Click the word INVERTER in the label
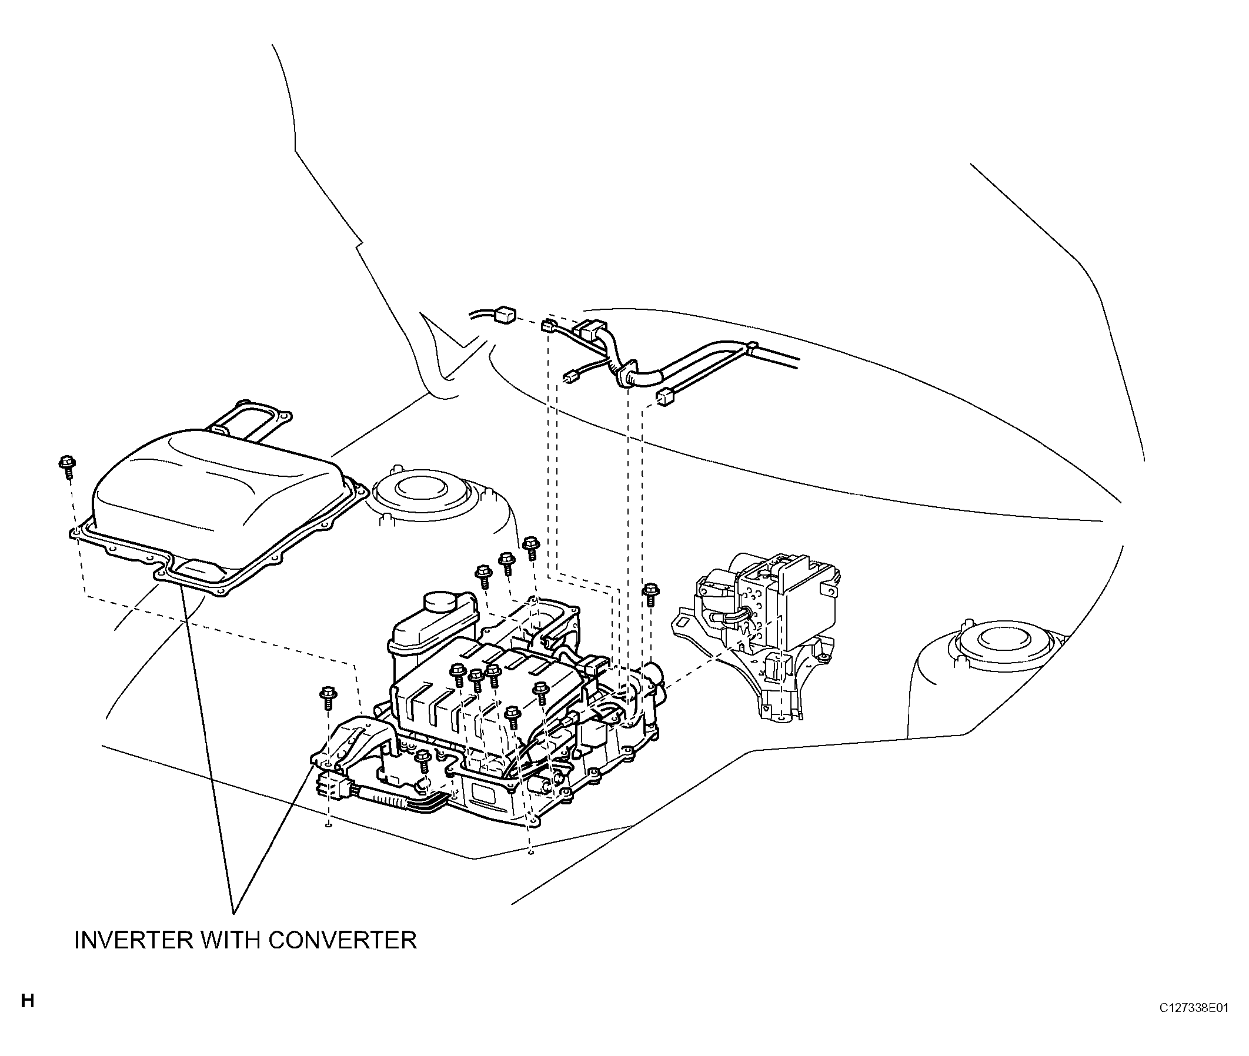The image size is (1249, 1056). click(133, 940)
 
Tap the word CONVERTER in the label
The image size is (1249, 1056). click(342, 940)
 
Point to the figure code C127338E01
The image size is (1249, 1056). click(1193, 1008)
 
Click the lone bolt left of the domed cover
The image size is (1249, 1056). click(66, 464)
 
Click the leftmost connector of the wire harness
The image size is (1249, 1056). click(505, 314)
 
